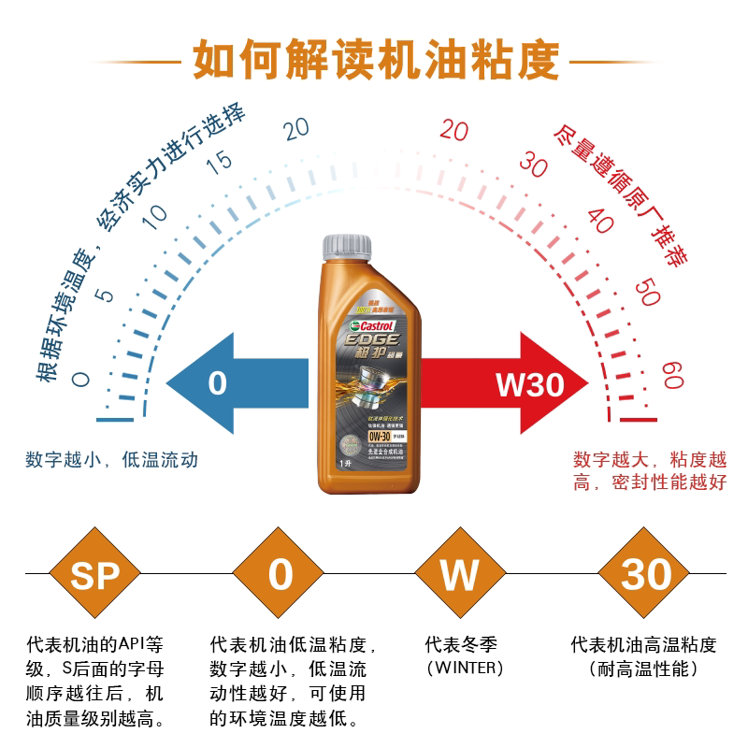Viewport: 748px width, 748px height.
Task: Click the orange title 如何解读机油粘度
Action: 375,60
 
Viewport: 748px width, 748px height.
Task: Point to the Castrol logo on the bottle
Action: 371,324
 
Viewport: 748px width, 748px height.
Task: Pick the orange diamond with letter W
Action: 460,574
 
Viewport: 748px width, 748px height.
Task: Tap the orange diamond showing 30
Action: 646,574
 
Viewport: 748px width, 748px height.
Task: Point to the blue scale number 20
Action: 297,130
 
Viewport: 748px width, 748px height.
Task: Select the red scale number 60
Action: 670,376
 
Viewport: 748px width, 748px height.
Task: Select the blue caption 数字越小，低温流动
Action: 112,460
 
